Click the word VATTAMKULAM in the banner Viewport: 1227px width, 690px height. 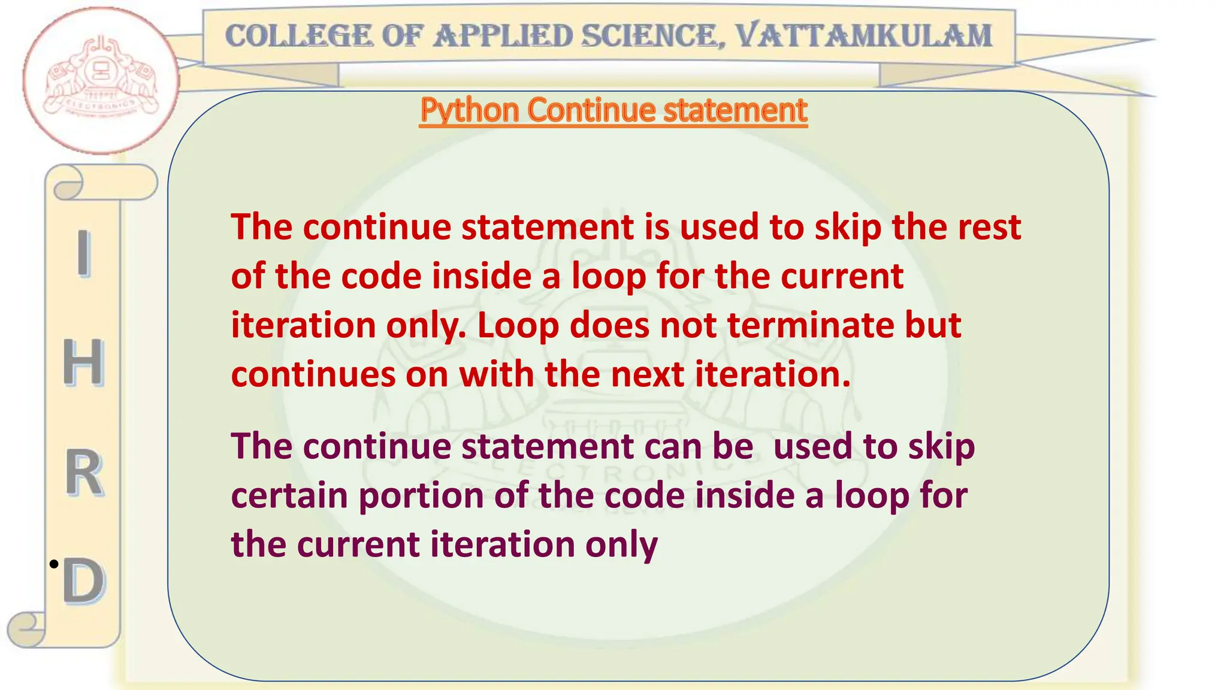tap(863, 36)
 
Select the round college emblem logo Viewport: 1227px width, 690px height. tap(100, 80)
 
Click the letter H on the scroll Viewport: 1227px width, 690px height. tap(83, 362)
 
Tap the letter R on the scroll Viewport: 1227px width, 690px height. tap(84, 473)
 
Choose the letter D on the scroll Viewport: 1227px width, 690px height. tap(84, 580)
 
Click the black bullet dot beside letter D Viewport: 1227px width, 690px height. tap(54, 564)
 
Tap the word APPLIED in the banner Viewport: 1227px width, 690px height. tap(504, 36)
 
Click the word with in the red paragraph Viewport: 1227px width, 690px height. tap(497, 374)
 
